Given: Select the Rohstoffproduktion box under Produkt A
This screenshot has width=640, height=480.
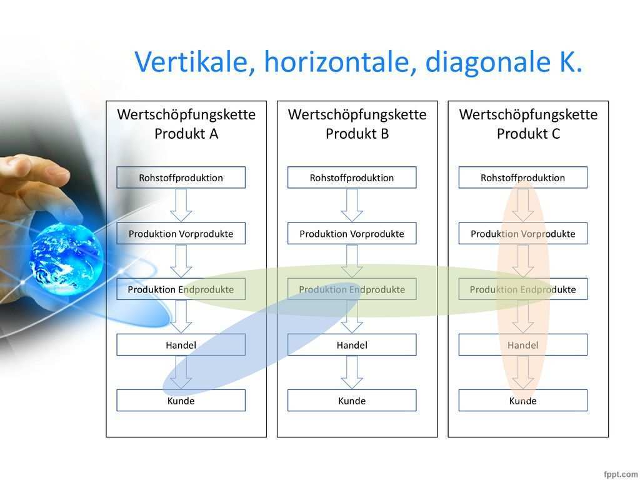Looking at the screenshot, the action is pos(181,177).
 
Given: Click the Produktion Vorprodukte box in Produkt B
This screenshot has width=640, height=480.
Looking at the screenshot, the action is pos(352,234).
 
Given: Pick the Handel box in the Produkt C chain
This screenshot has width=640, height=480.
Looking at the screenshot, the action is pos(523,345).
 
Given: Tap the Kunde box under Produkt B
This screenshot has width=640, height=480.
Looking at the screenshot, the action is pos(352,401).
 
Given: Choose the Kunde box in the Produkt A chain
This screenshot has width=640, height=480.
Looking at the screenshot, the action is pos(181,401).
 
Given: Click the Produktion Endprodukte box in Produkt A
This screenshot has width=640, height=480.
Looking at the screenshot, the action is pos(181,289).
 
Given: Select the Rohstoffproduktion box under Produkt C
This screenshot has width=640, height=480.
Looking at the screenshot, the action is pos(523,177).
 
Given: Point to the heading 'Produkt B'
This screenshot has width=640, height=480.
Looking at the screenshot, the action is pos(357,134).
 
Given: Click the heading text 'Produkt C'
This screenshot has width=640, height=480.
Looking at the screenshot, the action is pos(528,134).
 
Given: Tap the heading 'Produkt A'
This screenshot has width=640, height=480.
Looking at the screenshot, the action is pos(186,134).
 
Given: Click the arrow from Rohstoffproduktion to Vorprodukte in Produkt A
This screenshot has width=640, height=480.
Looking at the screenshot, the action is pos(181,205).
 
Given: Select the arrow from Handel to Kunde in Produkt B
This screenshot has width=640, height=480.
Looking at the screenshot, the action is pos(352,372).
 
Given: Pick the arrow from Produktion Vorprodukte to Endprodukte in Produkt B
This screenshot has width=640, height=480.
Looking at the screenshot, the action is pos(352,261).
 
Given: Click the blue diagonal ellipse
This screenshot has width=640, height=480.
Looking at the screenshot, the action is pos(261,338).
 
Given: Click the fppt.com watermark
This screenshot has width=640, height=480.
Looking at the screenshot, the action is pos(621,474).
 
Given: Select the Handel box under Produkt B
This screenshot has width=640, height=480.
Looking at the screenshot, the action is pos(352,345).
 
